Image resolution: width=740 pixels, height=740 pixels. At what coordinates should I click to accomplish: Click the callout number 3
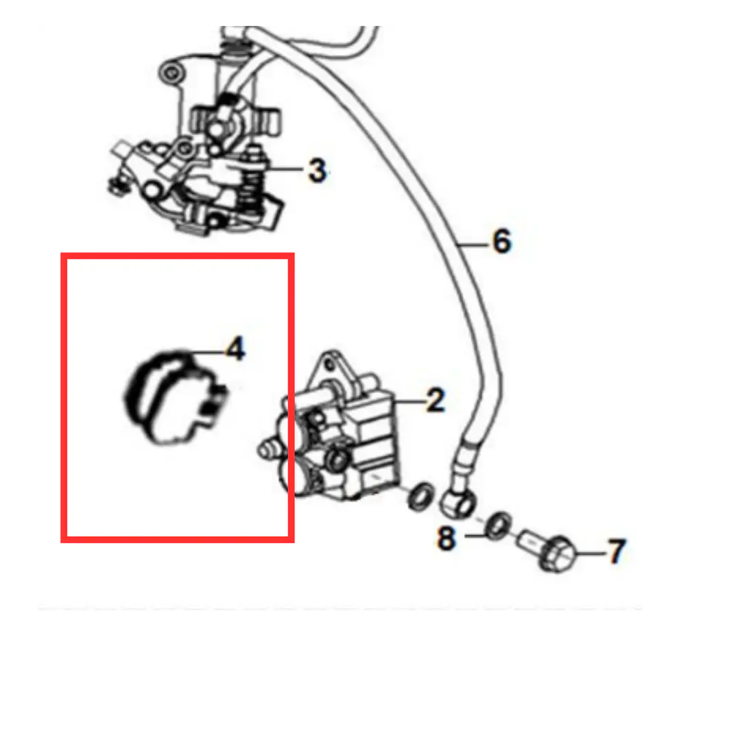point(317,170)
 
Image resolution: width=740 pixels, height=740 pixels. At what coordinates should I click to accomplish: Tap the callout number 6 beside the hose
point(501,241)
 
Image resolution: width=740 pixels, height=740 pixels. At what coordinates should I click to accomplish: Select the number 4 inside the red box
point(236,349)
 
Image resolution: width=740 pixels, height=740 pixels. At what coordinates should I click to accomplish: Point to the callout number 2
point(435,401)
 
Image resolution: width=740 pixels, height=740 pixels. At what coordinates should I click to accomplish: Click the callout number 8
point(446,538)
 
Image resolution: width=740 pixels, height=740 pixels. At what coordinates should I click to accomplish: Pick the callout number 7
point(617,551)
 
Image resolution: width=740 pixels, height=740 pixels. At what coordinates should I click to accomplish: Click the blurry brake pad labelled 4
point(175,397)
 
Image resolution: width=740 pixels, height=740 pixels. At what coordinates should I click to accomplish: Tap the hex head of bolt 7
point(558,555)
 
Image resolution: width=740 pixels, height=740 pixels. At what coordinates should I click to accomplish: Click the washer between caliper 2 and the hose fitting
point(421,497)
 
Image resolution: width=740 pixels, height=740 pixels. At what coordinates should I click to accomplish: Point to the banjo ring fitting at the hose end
point(457,503)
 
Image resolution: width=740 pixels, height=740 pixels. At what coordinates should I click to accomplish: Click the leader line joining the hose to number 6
point(473,244)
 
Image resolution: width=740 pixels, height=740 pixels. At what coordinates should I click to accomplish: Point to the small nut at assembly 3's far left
point(115,185)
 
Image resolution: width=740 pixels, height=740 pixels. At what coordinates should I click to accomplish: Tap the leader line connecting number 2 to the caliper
point(411,402)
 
